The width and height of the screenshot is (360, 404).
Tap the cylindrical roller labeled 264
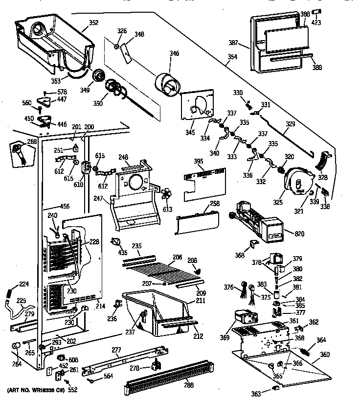pos(15,348)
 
